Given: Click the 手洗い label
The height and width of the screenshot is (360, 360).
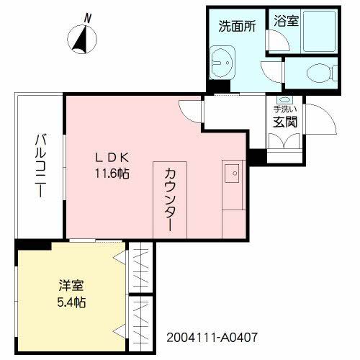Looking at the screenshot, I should (x=282, y=109).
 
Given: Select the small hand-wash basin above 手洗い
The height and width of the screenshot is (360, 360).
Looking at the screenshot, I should (x=283, y=99).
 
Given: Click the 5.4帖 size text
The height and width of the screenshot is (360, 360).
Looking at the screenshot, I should (x=71, y=302).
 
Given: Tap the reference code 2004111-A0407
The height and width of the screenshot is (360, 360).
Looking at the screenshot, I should (x=212, y=337).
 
